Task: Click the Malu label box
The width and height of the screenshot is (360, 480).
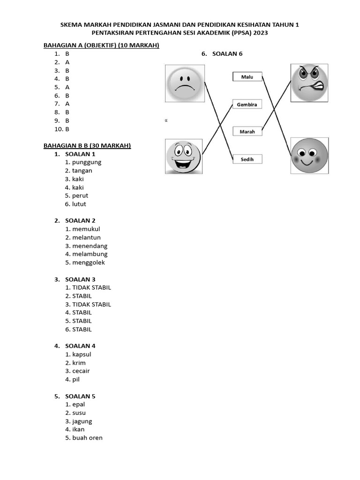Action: pos(247,76)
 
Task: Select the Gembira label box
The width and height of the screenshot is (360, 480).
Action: pos(247,105)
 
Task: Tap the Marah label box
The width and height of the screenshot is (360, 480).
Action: pos(247,132)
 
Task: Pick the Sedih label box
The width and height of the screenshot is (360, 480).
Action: pos(247,159)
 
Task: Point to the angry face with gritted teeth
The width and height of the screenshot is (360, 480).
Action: pos(309,83)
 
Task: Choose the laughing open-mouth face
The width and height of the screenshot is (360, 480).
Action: pos(183,156)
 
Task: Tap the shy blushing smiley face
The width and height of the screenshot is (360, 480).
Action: pos(309,156)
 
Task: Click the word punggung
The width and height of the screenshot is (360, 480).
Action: pos(87,162)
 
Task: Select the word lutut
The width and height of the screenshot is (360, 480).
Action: pos(79,204)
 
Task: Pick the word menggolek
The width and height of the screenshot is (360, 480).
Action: pos(89,262)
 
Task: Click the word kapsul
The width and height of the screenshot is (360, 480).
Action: pos(82,354)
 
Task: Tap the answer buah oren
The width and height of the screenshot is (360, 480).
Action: pos(87,438)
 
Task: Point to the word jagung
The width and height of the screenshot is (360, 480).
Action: pos(82,421)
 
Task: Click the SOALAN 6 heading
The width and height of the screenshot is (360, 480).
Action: pos(227,53)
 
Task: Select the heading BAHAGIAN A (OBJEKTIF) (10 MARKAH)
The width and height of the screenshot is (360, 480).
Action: pos(101,45)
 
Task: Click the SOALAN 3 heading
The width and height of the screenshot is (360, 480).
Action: pos(80,279)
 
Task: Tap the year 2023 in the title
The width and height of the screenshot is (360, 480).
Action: pos(260,33)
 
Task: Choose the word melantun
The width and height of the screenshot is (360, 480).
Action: pos(86,238)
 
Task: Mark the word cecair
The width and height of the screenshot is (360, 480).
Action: pos(81,371)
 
